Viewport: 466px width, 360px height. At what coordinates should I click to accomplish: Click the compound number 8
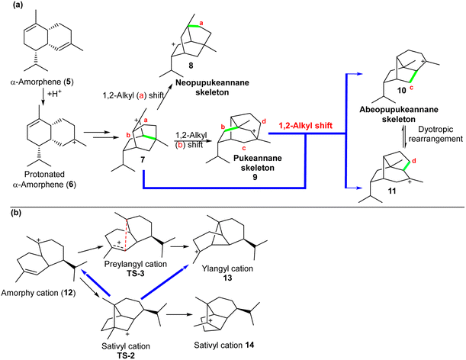click(x=191, y=66)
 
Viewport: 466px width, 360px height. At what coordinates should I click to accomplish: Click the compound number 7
click(x=143, y=160)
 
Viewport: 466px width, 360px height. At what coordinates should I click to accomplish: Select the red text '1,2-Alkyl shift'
click(x=305, y=126)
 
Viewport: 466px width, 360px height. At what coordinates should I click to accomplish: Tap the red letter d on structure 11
click(x=414, y=162)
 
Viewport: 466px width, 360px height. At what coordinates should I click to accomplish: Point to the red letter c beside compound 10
click(x=412, y=88)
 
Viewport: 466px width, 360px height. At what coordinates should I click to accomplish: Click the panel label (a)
click(x=17, y=5)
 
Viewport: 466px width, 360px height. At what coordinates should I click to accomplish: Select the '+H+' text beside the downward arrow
click(x=55, y=96)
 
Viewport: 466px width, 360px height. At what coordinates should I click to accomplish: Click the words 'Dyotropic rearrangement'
click(x=435, y=134)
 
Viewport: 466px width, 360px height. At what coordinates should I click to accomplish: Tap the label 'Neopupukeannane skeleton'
click(x=212, y=88)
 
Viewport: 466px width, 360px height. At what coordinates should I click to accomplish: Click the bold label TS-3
click(x=136, y=273)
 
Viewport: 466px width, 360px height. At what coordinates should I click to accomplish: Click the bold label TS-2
click(x=126, y=355)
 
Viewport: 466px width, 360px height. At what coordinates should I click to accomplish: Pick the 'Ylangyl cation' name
click(x=227, y=268)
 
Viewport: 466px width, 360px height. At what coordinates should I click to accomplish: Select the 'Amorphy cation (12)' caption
click(x=38, y=293)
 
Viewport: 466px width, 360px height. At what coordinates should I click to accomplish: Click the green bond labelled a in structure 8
click(x=194, y=27)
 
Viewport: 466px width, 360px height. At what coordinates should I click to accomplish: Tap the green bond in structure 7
click(x=148, y=137)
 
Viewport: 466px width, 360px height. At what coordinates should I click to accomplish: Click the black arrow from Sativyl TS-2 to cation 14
click(x=180, y=314)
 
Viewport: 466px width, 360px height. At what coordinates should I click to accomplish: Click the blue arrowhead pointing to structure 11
click(x=359, y=188)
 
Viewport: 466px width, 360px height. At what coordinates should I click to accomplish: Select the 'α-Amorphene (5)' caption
click(x=42, y=82)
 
